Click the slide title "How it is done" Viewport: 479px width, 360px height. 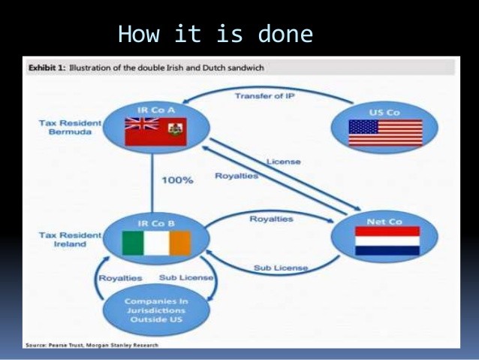215,34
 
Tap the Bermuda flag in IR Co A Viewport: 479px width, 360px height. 156,132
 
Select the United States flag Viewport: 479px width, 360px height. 385,133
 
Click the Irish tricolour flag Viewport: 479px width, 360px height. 156,244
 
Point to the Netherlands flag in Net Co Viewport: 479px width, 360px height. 387,241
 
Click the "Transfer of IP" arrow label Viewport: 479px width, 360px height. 265,96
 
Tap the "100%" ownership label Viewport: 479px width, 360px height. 177,180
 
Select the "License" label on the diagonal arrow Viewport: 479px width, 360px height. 284,162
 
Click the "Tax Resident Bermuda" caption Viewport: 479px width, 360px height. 70,127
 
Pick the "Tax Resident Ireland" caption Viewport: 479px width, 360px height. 70,240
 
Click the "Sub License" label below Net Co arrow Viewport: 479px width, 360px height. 281,268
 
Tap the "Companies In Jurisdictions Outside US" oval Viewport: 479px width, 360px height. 156,310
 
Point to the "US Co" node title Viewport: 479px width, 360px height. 384,113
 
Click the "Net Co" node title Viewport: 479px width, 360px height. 384,222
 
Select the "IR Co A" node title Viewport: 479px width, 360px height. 156,110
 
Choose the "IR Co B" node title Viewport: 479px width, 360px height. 156,223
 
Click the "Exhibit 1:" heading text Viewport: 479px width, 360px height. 47,68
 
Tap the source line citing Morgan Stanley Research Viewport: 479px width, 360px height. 92,345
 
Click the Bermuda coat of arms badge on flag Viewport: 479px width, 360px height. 175,129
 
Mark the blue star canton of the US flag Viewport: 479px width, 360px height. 363,127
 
